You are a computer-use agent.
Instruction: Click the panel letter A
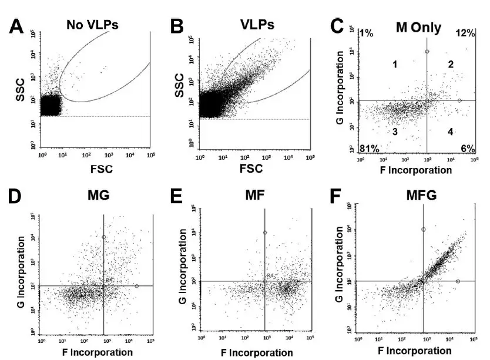pyautogui.click(x=14, y=26)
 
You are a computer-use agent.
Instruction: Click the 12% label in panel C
pyautogui.click(x=465, y=33)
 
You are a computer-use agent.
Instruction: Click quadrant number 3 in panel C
pyautogui.click(x=395, y=132)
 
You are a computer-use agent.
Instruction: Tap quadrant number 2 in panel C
pyautogui.click(x=451, y=64)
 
